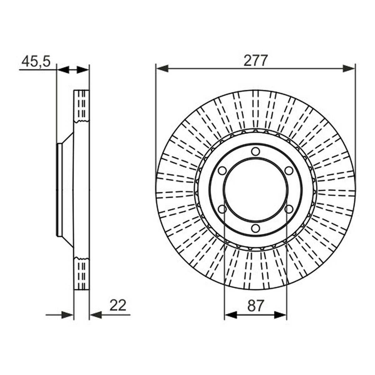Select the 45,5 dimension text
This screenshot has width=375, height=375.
[x=36, y=61]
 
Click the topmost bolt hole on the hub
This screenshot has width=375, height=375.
[x=256, y=151]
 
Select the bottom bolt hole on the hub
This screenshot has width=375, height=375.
[x=256, y=228]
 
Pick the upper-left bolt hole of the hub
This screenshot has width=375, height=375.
[x=222, y=171]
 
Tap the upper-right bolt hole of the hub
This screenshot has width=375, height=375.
[x=289, y=171]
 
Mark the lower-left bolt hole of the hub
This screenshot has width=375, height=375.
[x=222, y=209]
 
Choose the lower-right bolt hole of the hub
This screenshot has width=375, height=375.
[x=289, y=209]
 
